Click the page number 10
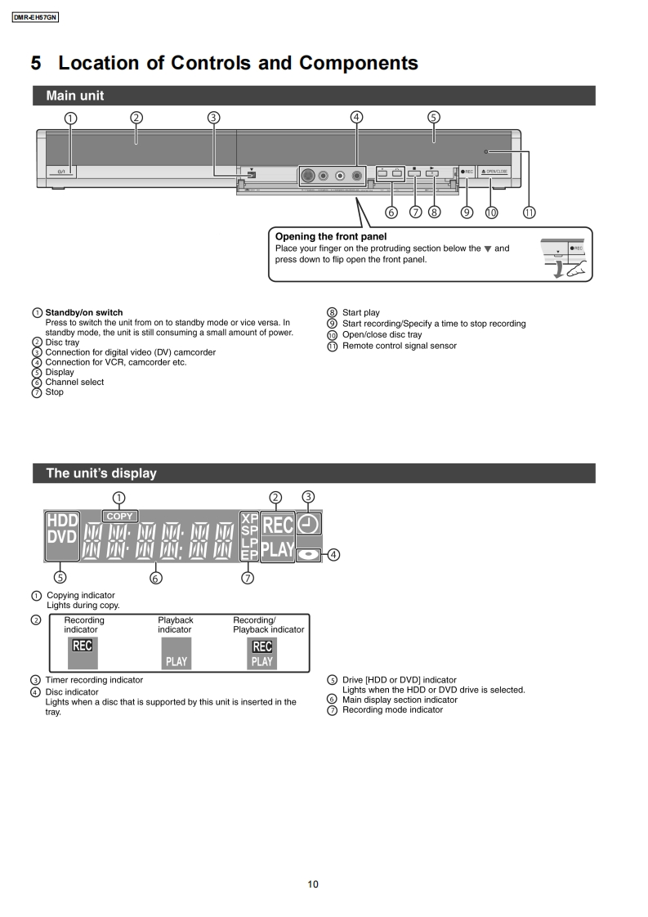click(313, 883)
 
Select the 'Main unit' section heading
click(75, 96)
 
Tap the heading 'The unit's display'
click(101, 473)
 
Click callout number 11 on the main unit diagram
click(529, 212)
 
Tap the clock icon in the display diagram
click(310, 523)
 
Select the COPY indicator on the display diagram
click(120, 516)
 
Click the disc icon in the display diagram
click(309, 554)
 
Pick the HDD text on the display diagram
click(62, 521)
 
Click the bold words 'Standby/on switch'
click(84, 312)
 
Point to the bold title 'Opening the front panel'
click(331, 237)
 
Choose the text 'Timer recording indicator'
click(94, 680)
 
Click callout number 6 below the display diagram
click(156, 578)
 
